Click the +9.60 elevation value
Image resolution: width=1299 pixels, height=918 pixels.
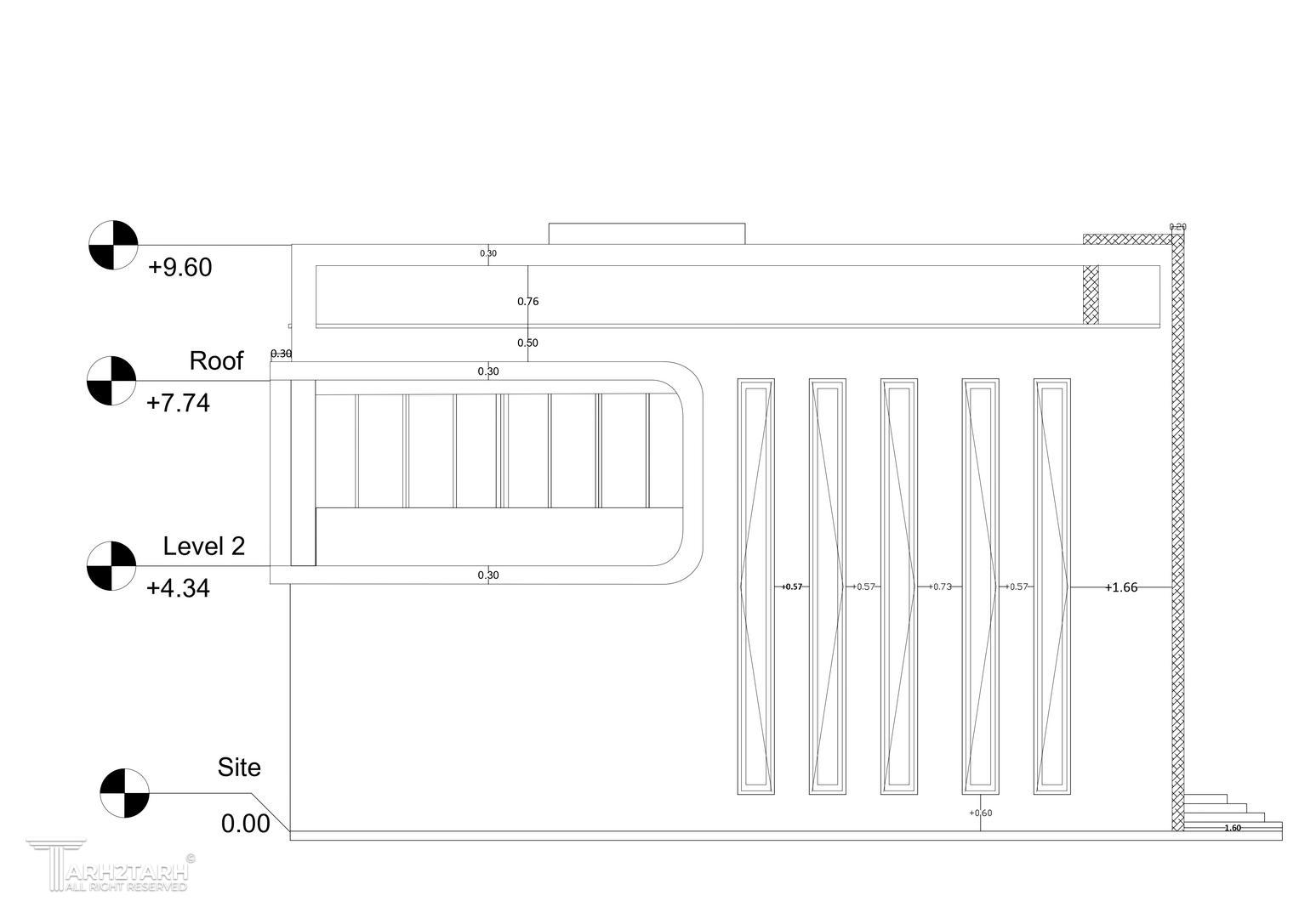click(179, 268)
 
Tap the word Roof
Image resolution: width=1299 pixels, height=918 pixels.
click(216, 361)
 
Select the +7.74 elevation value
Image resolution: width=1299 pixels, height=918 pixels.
click(178, 403)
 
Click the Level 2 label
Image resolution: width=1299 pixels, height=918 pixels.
click(204, 547)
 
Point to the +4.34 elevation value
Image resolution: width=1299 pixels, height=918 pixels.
click(178, 588)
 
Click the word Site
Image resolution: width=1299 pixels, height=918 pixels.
click(239, 768)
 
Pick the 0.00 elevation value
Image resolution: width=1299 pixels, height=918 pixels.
click(245, 824)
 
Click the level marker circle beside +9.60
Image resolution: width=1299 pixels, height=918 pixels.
click(113, 245)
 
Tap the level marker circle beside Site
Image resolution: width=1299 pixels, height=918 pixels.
click(124, 793)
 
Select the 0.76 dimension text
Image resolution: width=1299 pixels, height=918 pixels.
click(527, 301)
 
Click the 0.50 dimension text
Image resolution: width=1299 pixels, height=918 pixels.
click(527, 343)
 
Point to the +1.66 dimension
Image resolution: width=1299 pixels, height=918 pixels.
click(1121, 587)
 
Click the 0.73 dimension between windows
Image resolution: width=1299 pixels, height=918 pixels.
click(942, 586)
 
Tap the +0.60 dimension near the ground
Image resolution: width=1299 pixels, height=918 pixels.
click(980, 813)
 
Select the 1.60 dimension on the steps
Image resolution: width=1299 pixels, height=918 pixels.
click(1232, 828)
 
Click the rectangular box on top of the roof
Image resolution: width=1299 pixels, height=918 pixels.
click(647, 234)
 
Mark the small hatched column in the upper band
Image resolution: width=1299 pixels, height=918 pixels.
click(1091, 294)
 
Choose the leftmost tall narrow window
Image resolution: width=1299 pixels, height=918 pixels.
click(755, 586)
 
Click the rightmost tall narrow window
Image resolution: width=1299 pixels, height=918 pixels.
click(1051, 586)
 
